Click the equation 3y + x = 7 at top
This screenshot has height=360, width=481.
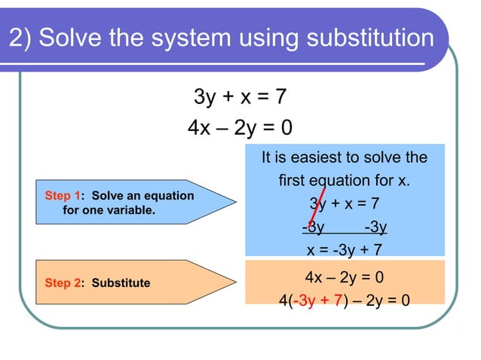click(x=240, y=97)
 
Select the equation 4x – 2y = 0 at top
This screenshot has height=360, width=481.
click(x=240, y=129)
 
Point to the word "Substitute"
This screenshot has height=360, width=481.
click(x=121, y=283)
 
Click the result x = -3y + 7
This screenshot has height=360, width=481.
click(x=344, y=249)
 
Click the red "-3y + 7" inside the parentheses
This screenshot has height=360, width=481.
click(x=316, y=301)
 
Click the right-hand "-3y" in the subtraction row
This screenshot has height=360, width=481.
click(x=375, y=227)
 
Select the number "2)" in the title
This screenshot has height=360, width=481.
click(x=20, y=38)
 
